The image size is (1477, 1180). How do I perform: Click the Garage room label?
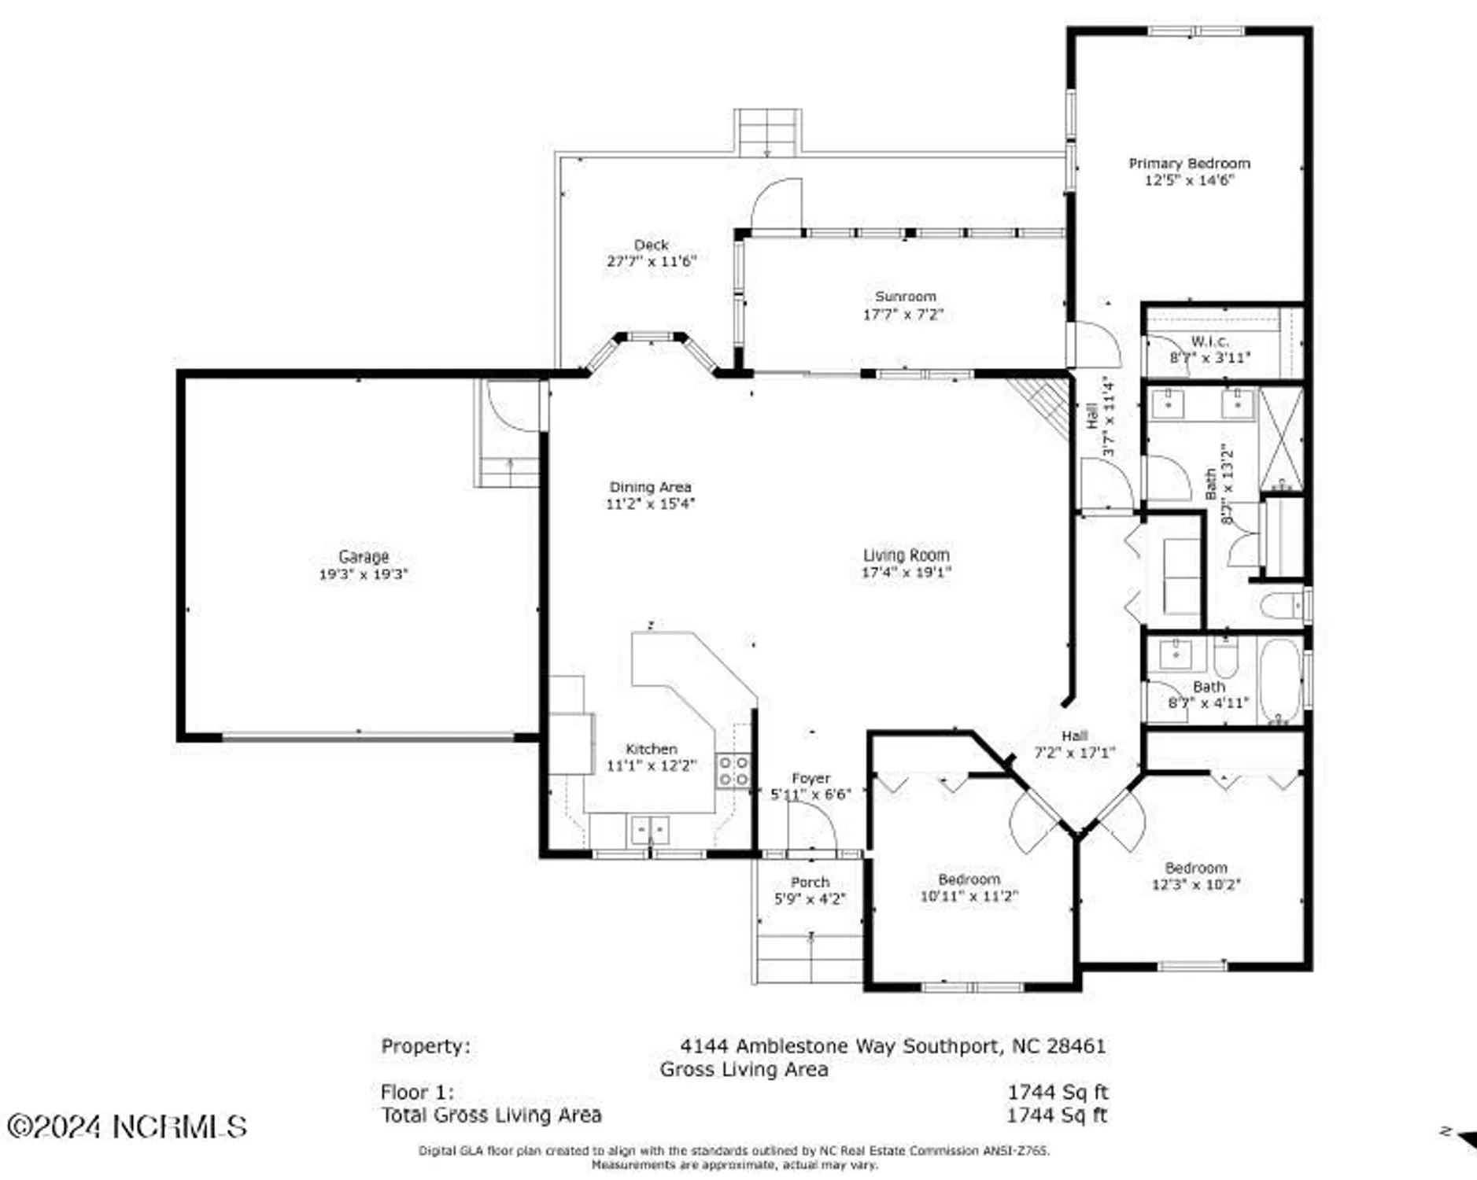(x=363, y=556)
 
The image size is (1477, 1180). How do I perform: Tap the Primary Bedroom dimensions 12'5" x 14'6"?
(x=1188, y=180)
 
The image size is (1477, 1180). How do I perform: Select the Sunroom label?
(x=905, y=297)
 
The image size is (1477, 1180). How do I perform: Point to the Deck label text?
(x=651, y=245)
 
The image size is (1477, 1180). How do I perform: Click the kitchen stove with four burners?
(x=732, y=770)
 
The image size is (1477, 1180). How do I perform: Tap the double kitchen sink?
(x=650, y=830)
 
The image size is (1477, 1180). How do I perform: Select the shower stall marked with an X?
(x=1281, y=437)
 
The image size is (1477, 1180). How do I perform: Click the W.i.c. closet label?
(x=1209, y=341)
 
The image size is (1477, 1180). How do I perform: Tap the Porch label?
(x=810, y=882)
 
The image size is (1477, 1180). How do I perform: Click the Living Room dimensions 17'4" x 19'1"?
(x=906, y=573)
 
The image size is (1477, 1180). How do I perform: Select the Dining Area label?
(x=650, y=487)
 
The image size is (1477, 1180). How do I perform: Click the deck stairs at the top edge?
(x=767, y=132)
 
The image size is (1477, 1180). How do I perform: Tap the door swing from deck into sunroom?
(x=776, y=205)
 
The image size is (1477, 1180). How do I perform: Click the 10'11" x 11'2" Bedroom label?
(x=969, y=879)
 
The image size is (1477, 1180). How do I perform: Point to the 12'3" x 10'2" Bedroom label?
(x=1195, y=868)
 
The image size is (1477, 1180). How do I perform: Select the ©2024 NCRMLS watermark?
(x=127, y=1127)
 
